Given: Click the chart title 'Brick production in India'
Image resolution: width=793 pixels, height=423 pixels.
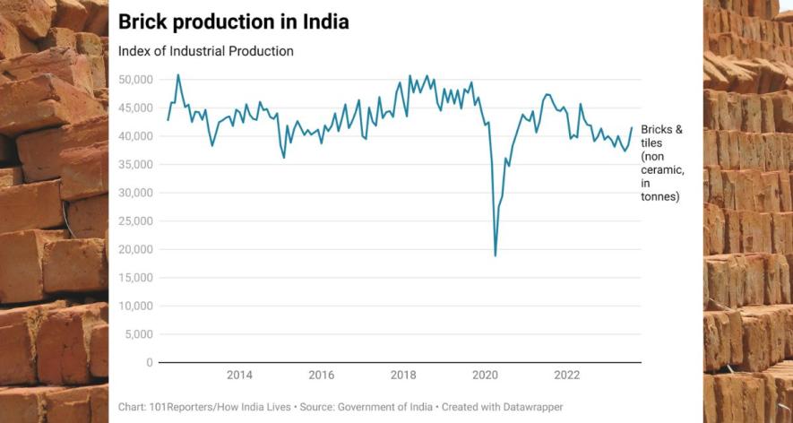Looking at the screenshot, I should click(x=234, y=21).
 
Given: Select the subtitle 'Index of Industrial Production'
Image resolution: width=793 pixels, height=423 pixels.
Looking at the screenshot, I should click(x=206, y=51).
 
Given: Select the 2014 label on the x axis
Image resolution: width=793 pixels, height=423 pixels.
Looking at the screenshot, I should click(x=239, y=375).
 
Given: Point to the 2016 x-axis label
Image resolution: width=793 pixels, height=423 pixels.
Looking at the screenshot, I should click(x=322, y=375).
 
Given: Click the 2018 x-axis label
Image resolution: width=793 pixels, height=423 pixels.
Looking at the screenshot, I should click(x=403, y=375).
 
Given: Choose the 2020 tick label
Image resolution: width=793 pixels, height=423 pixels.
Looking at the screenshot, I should click(x=486, y=375).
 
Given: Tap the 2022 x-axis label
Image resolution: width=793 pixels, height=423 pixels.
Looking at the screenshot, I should click(x=567, y=375).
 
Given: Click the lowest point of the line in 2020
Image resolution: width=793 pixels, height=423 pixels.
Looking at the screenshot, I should click(x=496, y=256).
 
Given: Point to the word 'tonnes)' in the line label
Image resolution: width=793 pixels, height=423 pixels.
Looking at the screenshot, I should click(x=659, y=196).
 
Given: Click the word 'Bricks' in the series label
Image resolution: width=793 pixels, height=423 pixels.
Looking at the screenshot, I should click(x=657, y=130).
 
